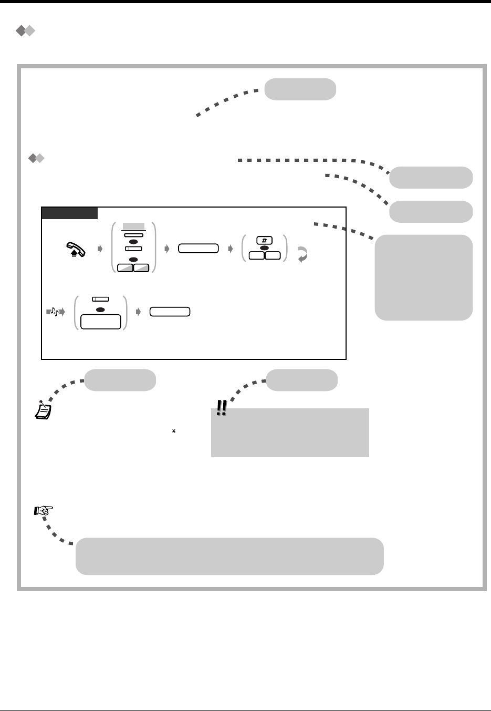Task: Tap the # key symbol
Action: click(x=265, y=240)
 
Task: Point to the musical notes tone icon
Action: click(x=54, y=312)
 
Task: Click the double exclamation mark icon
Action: click(x=222, y=408)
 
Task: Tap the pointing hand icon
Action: click(x=44, y=510)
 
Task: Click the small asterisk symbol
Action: click(x=173, y=431)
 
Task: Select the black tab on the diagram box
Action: click(x=69, y=213)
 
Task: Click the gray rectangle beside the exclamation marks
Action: click(x=290, y=433)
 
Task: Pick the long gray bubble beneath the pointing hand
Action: click(x=229, y=556)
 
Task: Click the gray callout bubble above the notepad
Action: click(x=120, y=380)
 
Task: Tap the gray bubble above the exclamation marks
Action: click(x=302, y=380)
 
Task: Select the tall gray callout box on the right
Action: click(x=424, y=277)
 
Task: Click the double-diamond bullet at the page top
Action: click(x=25, y=32)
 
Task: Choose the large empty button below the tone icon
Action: click(x=100, y=322)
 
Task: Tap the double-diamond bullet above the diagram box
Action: click(x=36, y=158)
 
